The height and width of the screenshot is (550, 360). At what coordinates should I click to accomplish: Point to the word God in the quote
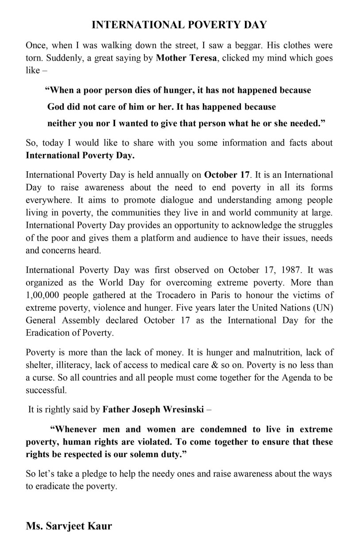[x=56, y=107]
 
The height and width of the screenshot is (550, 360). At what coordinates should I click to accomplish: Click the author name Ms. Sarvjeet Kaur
[x=69, y=526]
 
